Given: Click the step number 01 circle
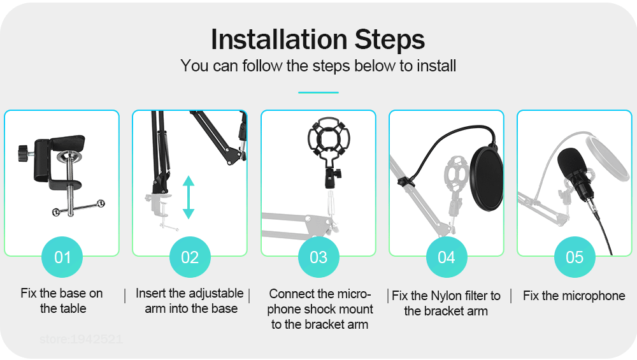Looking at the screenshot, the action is point(62,257).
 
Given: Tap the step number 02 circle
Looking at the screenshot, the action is point(190,257).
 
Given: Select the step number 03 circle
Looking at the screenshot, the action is point(318,257).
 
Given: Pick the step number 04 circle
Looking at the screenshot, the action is point(447,257).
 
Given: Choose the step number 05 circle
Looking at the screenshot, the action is point(575,257).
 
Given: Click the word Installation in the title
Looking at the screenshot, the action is point(279,40).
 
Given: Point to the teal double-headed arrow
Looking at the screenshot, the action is point(189,198).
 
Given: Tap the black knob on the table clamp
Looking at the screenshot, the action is point(24,153).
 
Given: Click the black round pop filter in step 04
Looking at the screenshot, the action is point(487,179).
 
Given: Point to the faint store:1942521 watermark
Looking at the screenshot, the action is point(82,339).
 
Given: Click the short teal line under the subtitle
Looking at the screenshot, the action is point(318,92).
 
